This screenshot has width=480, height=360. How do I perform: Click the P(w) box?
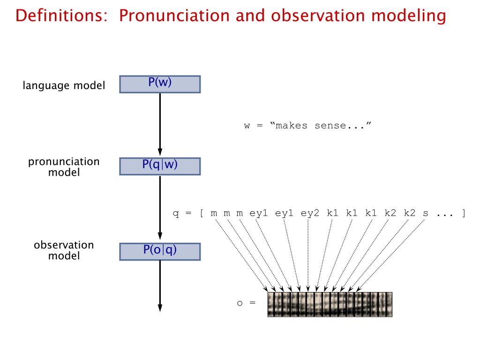coord(160,84)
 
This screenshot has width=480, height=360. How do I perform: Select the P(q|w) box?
coord(160,165)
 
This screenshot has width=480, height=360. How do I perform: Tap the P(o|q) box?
coord(160,251)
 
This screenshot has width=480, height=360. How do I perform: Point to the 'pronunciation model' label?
coord(64,167)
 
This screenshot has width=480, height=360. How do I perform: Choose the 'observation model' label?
coord(64,250)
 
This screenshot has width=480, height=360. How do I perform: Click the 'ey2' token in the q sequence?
coord(310,214)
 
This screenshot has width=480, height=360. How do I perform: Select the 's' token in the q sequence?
coord(425,214)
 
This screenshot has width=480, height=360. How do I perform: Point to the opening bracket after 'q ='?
coord(201,214)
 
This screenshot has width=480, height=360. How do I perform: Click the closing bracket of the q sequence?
coord(463,214)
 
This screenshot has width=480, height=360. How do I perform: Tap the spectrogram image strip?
coord(330,304)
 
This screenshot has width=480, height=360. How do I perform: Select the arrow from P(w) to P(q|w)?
coord(160,124)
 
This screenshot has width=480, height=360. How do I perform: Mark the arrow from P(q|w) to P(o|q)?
coord(160,206)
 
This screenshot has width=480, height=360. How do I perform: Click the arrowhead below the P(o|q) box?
coord(160,307)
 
